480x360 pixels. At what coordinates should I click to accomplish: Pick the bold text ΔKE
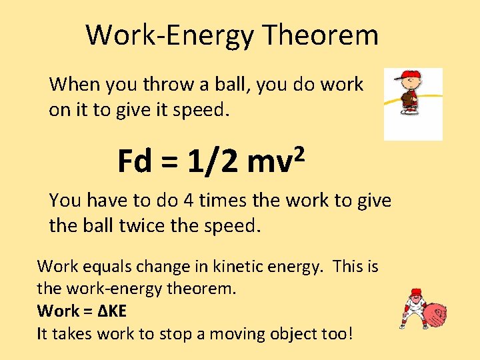click(x=114, y=311)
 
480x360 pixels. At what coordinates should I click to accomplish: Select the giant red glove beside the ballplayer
click(x=435, y=315)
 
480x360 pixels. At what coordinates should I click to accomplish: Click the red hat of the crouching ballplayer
click(x=416, y=291)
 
